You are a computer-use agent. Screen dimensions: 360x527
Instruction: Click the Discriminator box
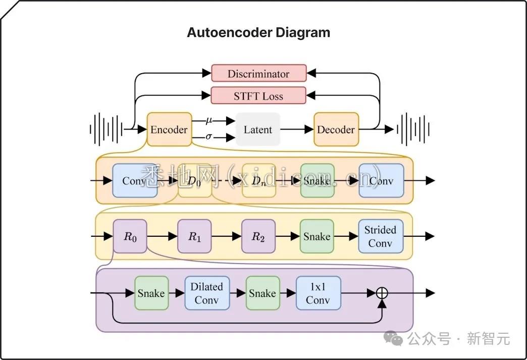tap(258, 73)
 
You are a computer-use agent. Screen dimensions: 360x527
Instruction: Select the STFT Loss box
tap(258, 96)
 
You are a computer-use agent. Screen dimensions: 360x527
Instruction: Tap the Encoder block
tap(169, 130)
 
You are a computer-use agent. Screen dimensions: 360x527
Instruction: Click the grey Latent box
tap(258, 130)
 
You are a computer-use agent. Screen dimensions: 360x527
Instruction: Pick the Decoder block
tap(336, 130)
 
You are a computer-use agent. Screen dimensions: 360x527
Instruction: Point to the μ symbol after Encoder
tap(209, 120)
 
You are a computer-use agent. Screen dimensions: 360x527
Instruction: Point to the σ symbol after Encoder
tap(209, 137)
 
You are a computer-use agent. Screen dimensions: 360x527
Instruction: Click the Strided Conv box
tap(381, 236)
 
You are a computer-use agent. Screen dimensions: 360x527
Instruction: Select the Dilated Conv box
tap(207, 293)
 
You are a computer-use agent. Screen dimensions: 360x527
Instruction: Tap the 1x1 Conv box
tap(318, 293)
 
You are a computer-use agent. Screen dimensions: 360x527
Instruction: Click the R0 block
tap(130, 236)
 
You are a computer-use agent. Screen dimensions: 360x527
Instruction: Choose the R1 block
tap(194, 236)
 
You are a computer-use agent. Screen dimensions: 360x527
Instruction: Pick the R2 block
tap(258, 236)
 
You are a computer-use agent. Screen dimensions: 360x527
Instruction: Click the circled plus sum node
tap(382, 293)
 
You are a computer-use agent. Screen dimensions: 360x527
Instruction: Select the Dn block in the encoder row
tap(259, 181)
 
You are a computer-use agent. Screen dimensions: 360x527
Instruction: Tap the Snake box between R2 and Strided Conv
tap(317, 236)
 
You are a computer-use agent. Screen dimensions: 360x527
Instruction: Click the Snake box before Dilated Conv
tap(151, 293)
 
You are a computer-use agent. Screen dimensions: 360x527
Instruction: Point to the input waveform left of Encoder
tap(106, 129)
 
